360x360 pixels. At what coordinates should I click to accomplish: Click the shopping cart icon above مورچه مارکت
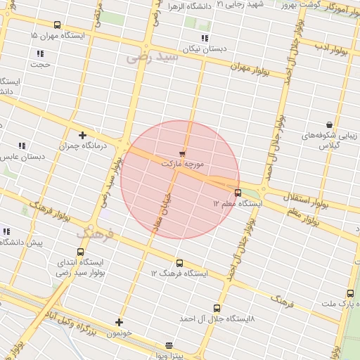[183, 153]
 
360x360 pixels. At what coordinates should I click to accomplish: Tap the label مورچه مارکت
[182, 163]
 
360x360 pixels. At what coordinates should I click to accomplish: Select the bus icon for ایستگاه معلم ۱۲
[238, 193]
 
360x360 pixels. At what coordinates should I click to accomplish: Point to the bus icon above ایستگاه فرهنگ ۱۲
[179, 263]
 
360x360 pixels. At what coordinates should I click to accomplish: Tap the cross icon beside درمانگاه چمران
[83, 134]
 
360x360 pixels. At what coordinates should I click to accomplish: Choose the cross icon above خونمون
[119, 322]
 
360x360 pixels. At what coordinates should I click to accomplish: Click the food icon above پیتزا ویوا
[169, 345]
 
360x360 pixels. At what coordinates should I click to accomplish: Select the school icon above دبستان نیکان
[205, 38]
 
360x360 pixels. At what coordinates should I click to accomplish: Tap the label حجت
[40, 64]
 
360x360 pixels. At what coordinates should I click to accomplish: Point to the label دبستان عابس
[22, 156]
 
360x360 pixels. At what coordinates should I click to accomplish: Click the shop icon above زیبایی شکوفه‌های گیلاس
[328, 124]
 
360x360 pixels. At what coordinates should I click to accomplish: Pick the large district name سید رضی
[153, 57]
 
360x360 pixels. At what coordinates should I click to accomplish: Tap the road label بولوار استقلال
[306, 200]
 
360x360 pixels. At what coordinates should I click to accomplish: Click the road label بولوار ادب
[328, 46]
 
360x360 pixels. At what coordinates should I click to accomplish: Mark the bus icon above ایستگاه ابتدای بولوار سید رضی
[80, 252]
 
